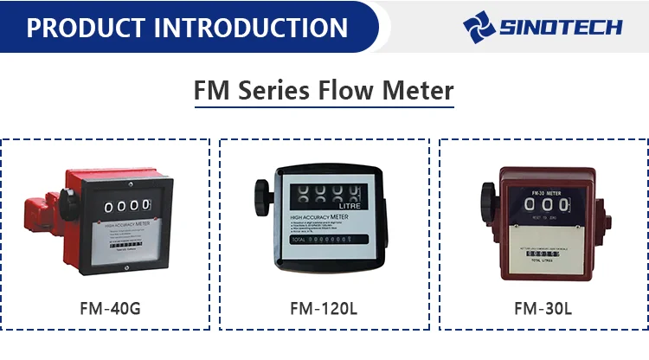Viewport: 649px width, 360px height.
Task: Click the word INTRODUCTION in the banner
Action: point(251,27)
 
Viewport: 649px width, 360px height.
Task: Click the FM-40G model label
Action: point(104,308)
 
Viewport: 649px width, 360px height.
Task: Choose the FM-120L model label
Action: point(324,308)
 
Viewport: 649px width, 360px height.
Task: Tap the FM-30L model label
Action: point(543,308)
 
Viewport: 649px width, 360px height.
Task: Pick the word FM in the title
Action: point(213,90)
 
